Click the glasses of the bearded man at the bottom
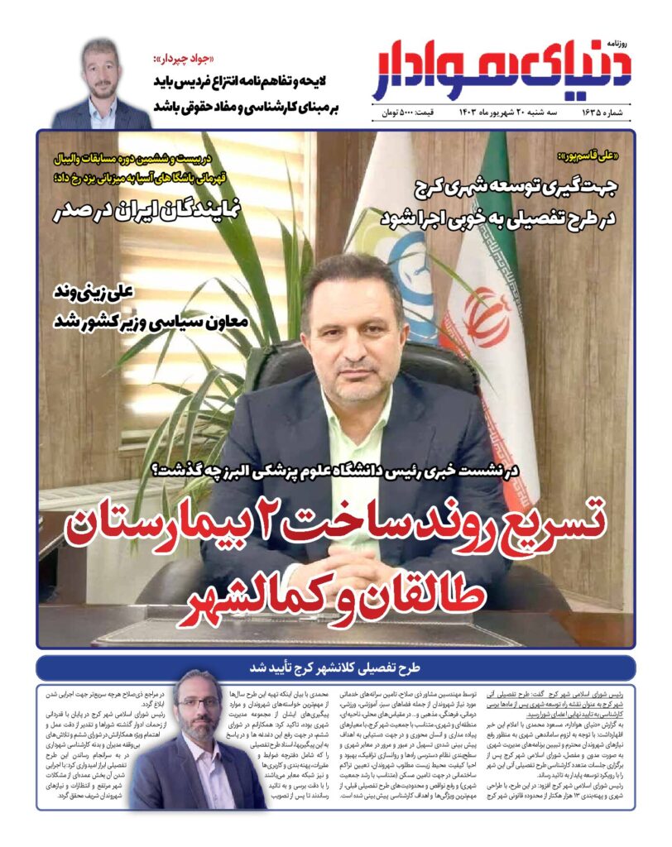pyautogui.click(x=199, y=704)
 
